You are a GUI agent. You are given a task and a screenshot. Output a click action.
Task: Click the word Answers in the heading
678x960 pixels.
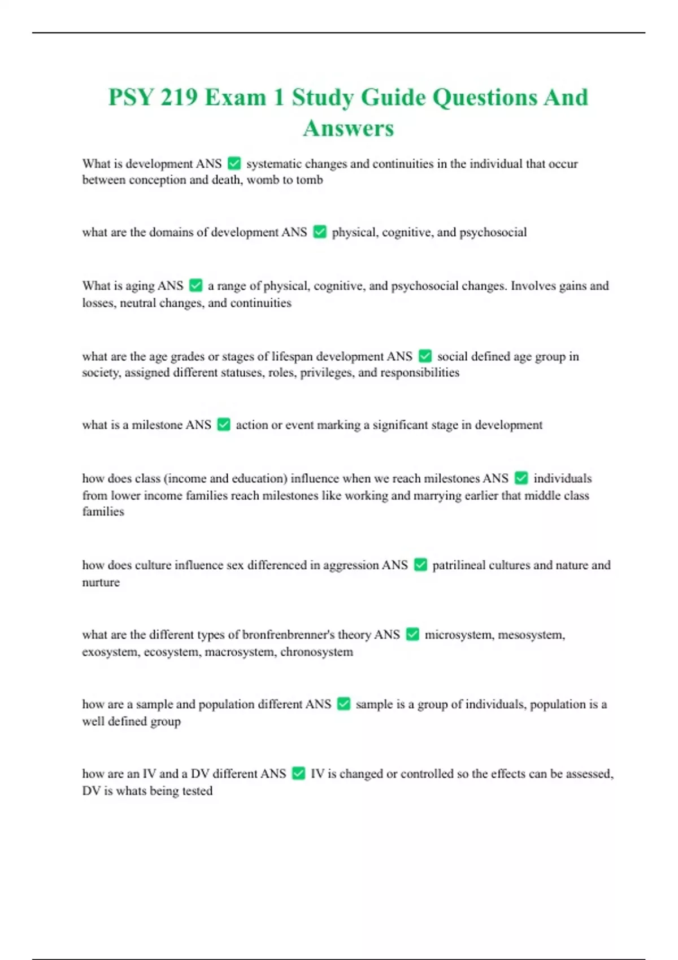348,128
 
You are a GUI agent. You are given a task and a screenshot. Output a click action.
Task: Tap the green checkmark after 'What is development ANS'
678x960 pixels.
234,164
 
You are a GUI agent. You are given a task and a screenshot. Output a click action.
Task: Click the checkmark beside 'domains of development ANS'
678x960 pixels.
320,232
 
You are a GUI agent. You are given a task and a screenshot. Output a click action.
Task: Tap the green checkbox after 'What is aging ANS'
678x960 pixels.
195,286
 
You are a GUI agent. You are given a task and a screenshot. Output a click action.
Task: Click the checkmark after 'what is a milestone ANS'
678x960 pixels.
224,425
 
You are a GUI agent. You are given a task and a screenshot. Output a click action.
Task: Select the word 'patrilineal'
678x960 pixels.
458,565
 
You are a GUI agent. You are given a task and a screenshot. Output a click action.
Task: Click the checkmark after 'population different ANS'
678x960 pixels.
344,704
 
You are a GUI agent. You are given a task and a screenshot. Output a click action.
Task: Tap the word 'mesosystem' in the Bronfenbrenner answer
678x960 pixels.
531,635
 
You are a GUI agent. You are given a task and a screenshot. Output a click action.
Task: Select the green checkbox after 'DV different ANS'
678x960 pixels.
298,774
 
